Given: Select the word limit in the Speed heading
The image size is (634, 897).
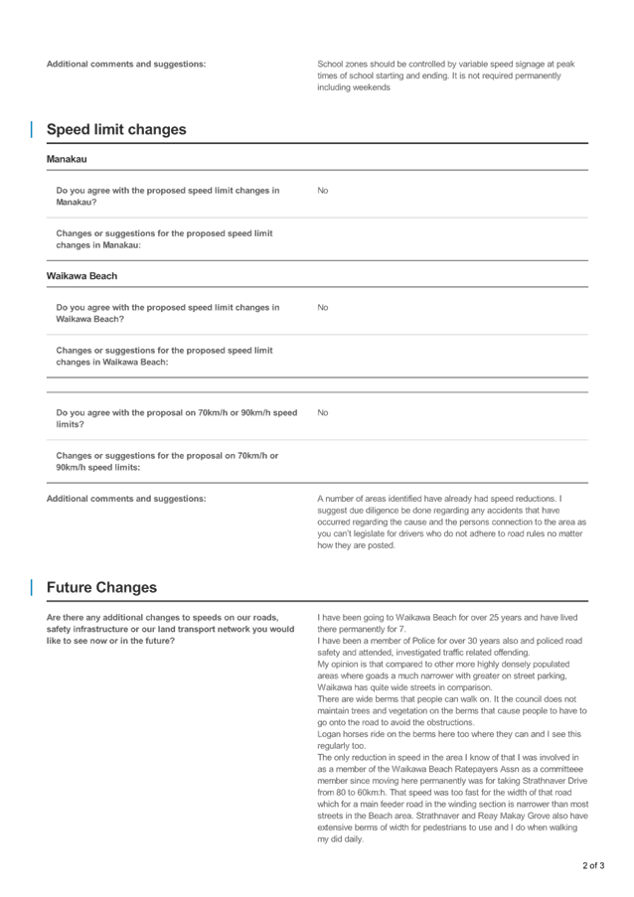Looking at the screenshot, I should pos(109,130).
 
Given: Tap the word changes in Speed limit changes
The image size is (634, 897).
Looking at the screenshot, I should pos(157,130).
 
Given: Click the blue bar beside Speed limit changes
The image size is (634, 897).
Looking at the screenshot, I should pos(32,129).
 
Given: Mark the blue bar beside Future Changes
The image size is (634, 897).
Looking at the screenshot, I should pos(32,587).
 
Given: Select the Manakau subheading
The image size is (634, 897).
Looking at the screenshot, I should pos(67,159).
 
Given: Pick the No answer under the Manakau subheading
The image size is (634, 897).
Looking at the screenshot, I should pos(322,190).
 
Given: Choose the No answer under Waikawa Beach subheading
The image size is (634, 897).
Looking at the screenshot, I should pos(322,307).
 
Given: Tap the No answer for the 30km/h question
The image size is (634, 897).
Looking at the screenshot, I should pos(322,411).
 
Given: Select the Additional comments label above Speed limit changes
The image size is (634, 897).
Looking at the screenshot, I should pos(126,64).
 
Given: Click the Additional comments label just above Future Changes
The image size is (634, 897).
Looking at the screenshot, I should pos(126,498).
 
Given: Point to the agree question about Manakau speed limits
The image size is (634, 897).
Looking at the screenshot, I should pos(167,195).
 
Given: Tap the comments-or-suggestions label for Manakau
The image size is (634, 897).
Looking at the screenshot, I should pos(167,237).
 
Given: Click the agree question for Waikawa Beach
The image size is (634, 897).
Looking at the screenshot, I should pos(167,313).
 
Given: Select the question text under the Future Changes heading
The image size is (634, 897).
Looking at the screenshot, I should pos(164,629).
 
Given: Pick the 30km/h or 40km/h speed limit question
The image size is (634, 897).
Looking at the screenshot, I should pos(167,417).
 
